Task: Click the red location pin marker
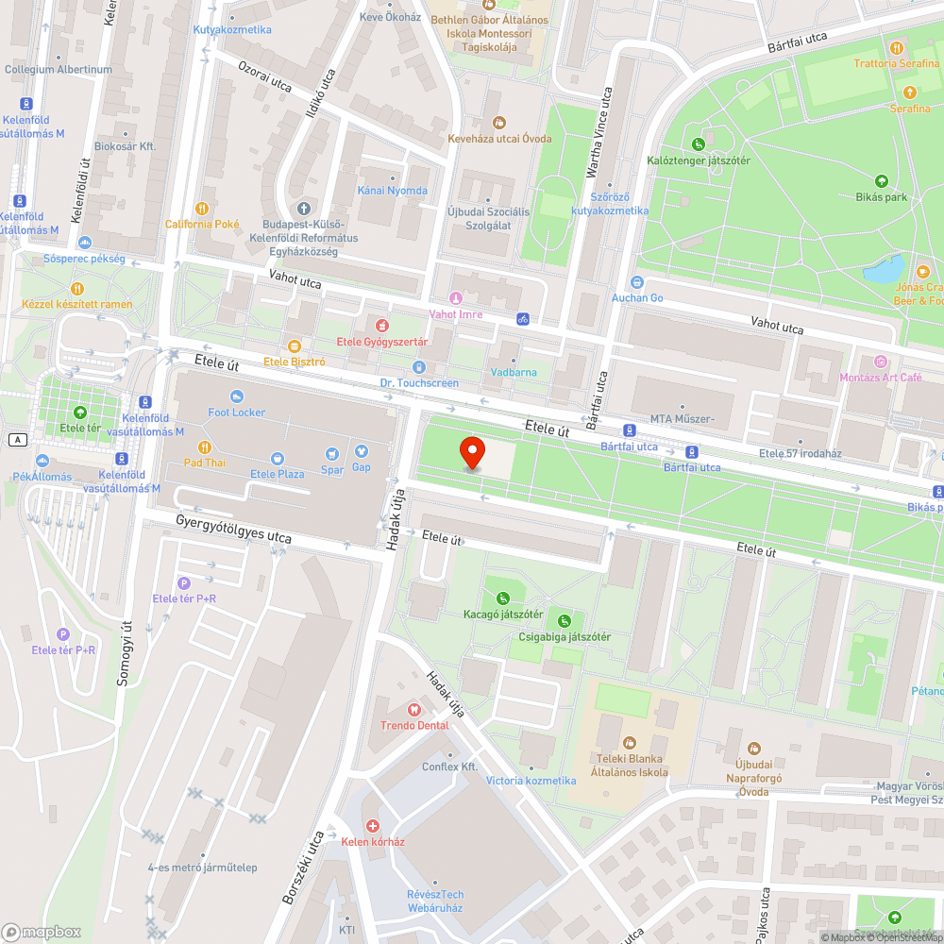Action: tap(472, 452)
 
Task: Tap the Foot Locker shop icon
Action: tap(237, 396)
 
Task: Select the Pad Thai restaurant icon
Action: tap(204, 447)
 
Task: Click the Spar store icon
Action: tap(331, 453)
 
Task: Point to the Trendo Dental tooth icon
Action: tap(413, 709)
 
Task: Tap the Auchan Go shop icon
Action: tap(637, 281)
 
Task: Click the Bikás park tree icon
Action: tap(882, 181)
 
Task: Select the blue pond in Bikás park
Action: tap(885, 269)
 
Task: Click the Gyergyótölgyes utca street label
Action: tap(233, 529)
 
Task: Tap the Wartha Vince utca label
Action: tap(594, 132)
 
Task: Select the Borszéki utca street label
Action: tap(302, 867)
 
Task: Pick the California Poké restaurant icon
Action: tap(201, 209)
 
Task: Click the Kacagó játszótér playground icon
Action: tap(503, 598)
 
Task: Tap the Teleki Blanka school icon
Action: tap(630, 742)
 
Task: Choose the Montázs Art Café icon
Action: tap(881, 362)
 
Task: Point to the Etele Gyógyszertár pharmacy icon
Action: tap(382, 326)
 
